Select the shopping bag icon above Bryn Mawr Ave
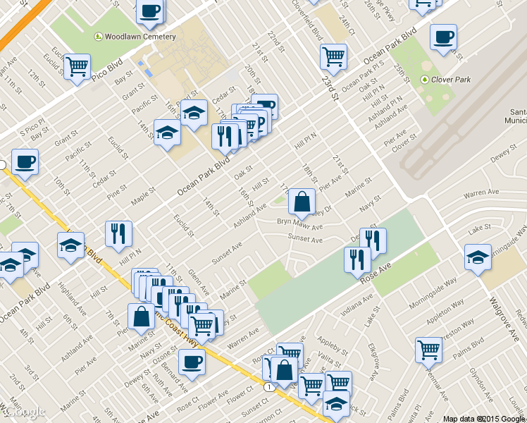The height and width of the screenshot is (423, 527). click(x=302, y=202)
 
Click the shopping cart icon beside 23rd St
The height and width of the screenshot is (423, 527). click(x=333, y=55)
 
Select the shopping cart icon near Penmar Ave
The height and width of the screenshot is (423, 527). click(x=428, y=348)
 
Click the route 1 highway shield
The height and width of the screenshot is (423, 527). click(x=268, y=386)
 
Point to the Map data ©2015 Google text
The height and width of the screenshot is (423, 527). click(x=484, y=419)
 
